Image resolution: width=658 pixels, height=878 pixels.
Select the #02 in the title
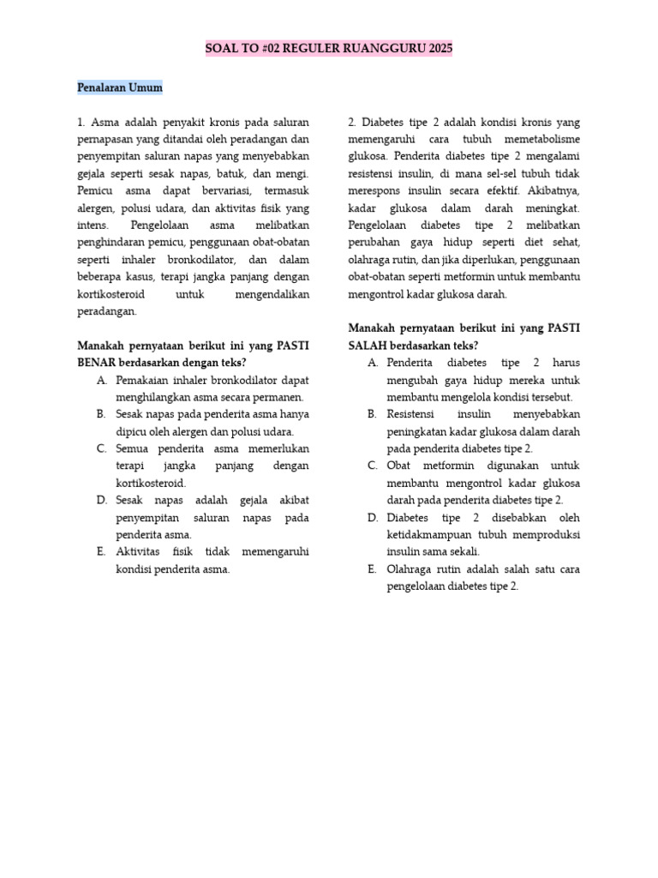coord(274,49)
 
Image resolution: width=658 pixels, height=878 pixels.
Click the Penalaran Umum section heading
coord(119,87)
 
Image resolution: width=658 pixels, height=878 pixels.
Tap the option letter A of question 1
coord(102,380)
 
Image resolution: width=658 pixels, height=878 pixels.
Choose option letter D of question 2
coord(373,518)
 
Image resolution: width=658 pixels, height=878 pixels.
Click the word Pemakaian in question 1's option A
coord(142,380)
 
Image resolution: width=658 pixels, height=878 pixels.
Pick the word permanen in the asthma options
coord(279,397)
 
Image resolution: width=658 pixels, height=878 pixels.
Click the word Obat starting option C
coord(399,466)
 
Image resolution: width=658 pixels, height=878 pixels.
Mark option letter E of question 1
coord(102,551)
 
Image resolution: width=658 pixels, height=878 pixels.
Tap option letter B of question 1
coord(102,414)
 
